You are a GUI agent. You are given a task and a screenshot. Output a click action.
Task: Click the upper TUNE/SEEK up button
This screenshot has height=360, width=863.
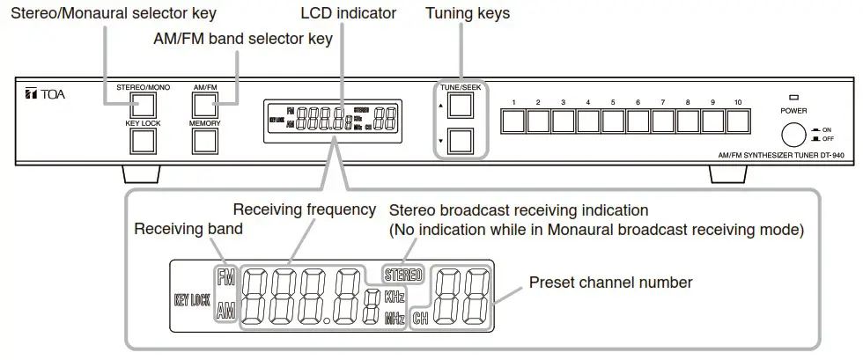click(x=460, y=105)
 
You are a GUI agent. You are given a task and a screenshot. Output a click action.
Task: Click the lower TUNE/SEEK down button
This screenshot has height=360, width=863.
click(x=460, y=141)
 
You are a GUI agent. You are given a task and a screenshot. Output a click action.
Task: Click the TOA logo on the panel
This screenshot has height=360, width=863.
click(x=43, y=94)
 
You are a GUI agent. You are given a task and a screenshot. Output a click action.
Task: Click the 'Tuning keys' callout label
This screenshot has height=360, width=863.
click(x=467, y=13)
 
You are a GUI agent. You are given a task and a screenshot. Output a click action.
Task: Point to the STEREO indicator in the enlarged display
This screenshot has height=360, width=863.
click(x=403, y=275)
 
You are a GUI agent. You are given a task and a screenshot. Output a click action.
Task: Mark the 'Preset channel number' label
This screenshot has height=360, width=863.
click(x=609, y=283)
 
